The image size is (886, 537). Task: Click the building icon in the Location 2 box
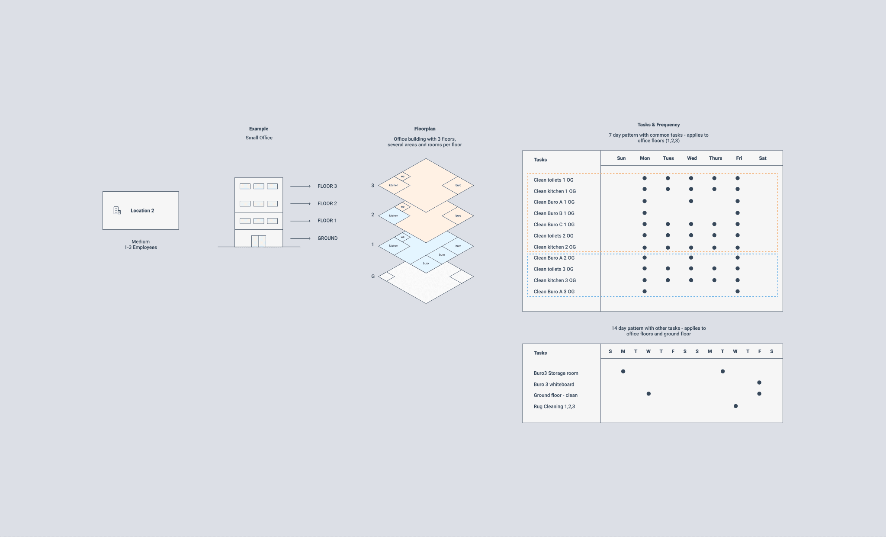point(117,210)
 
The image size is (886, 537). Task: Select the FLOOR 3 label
point(327,186)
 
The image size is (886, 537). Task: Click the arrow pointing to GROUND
point(300,238)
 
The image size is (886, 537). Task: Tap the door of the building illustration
point(259,241)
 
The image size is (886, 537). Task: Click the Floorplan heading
point(425,129)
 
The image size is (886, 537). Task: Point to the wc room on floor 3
point(402,176)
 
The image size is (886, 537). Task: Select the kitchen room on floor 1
point(394,246)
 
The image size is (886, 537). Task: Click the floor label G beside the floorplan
point(373,277)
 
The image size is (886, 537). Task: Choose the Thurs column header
point(715,158)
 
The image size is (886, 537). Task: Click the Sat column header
point(762,158)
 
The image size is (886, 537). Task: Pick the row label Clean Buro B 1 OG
point(554,213)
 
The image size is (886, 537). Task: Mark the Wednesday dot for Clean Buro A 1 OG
point(691,201)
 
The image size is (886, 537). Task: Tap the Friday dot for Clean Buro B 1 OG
point(738,213)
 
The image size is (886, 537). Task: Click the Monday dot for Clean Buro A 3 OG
point(645,291)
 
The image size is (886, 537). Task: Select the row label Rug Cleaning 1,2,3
point(554,407)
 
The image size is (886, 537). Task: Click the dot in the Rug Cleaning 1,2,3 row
point(735,406)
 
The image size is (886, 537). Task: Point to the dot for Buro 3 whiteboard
point(759,383)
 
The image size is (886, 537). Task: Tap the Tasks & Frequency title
point(658,125)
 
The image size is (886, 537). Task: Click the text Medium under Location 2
point(141,242)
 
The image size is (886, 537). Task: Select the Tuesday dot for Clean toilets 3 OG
point(668,269)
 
